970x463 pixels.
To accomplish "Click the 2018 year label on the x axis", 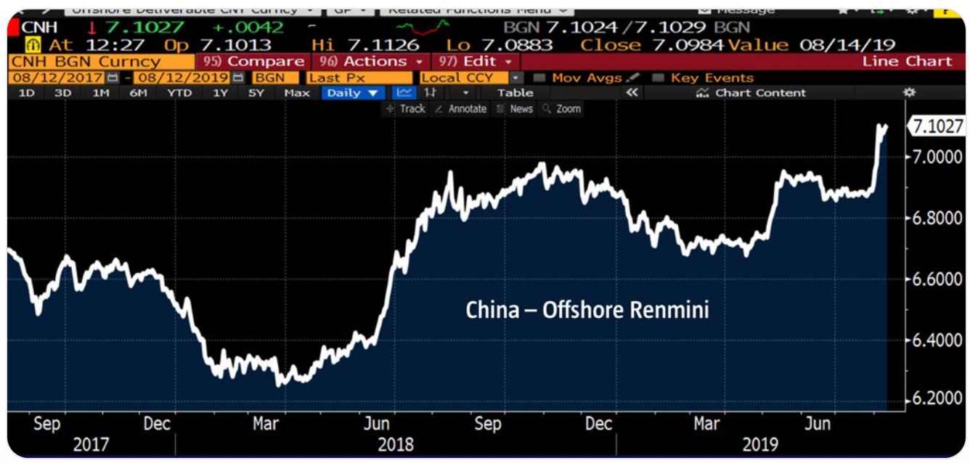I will coord(396,444).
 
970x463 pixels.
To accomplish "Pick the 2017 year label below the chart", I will coord(91,444).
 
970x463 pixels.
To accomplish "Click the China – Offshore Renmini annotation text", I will coord(587,311).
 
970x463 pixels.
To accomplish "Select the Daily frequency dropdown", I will coord(354,93).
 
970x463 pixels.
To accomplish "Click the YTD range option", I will coord(179,93).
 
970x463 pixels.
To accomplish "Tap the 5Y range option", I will coord(256,93).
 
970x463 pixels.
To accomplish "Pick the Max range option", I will coord(297,93).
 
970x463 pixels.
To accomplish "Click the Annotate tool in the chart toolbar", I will coord(460,109).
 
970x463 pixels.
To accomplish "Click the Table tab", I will coord(515,93).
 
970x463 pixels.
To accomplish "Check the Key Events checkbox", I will coord(659,78).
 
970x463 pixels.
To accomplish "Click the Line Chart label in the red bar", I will coord(907,62).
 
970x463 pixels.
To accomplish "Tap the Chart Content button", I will coord(751,93).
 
